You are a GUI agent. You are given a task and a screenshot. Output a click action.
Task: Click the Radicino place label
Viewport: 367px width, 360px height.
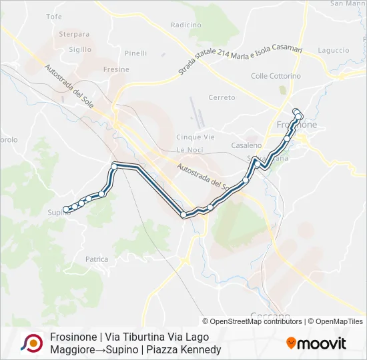pyautogui.click(x=186, y=25)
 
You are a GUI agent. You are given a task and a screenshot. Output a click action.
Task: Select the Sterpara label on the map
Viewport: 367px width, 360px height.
pyautogui.click(x=74, y=34)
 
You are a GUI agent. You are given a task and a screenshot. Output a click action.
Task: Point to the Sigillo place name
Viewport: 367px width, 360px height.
pyautogui.click(x=80, y=49)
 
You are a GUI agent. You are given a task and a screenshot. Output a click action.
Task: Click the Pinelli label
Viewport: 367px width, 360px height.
pyautogui.click(x=135, y=53)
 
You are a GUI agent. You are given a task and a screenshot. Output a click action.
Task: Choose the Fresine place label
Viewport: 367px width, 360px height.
pyautogui.click(x=116, y=69)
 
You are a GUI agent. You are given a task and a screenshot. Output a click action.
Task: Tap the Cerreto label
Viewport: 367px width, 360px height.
pyautogui.click(x=222, y=97)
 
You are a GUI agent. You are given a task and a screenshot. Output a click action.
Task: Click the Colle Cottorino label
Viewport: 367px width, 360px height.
pyautogui.click(x=276, y=76)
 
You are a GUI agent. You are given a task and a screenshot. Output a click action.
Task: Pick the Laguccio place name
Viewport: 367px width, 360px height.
pyautogui.click(x=334, y=50)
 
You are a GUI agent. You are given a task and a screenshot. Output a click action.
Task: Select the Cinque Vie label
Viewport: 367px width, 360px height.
pyautogui.click(x=195, y=137)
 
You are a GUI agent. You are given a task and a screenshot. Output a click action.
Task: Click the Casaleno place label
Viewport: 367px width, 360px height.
pyautogui.click(x=246, y=145)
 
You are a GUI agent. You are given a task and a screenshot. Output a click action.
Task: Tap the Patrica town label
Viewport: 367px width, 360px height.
pyautogui.click(x=97, y=259)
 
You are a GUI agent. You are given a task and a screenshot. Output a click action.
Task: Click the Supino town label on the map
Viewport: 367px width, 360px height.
pyautogui.click(x=58, y=213)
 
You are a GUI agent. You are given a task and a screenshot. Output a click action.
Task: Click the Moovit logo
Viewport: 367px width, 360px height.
pyautogui.click(x=316, y=343)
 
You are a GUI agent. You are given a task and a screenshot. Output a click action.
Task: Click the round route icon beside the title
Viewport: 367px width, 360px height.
pyautogui.click(x=31, y=343)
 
